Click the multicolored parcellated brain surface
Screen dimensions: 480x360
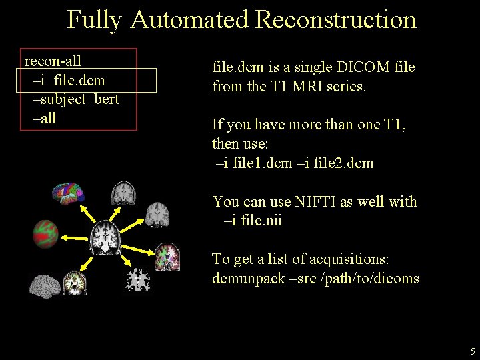69,194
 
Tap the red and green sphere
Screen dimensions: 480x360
46,233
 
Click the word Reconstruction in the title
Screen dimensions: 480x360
335,19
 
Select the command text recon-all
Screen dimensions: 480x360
53,61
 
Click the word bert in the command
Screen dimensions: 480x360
107,99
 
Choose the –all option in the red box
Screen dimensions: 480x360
44,119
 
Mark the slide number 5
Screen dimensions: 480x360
473,351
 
